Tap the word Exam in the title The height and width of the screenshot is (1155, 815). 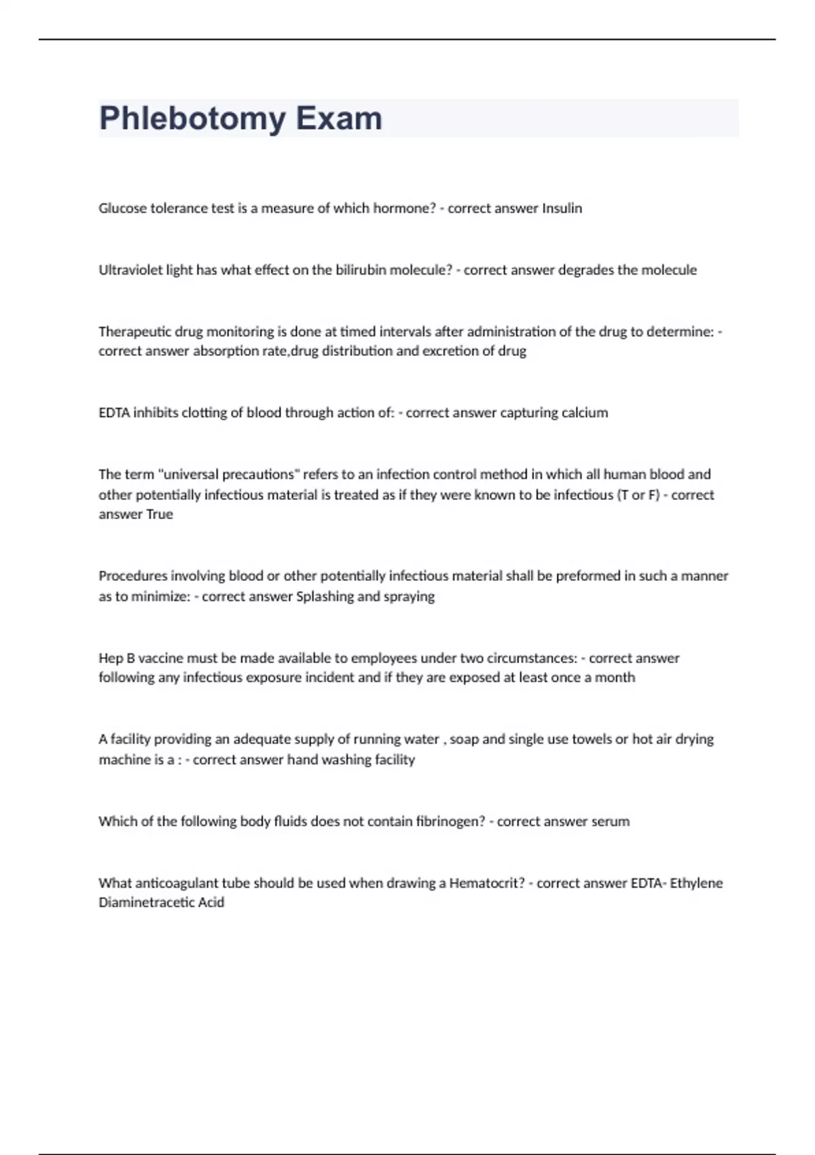(339, 119)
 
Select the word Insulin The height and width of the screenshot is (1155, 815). (562, 209)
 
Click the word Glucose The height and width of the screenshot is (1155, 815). (122, 209)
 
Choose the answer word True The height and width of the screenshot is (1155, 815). (160, 514)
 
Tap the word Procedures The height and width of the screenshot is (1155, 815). (132, 576)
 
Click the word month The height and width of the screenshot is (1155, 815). (615, 677)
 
